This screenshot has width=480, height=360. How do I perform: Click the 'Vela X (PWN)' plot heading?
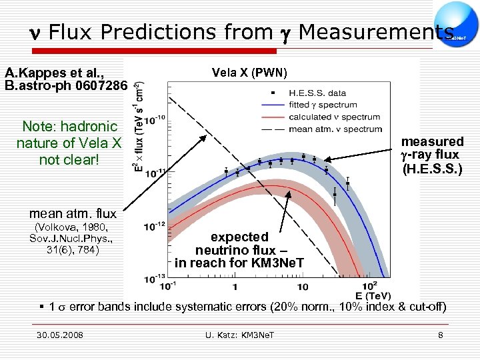pos(249,73)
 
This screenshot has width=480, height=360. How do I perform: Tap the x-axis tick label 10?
pos(301,286)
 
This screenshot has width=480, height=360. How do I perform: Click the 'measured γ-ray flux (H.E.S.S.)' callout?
pos(431,155)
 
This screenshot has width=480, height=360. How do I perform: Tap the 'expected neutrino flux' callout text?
pos(239,250)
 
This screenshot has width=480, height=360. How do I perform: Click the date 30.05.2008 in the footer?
pos(61,335)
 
